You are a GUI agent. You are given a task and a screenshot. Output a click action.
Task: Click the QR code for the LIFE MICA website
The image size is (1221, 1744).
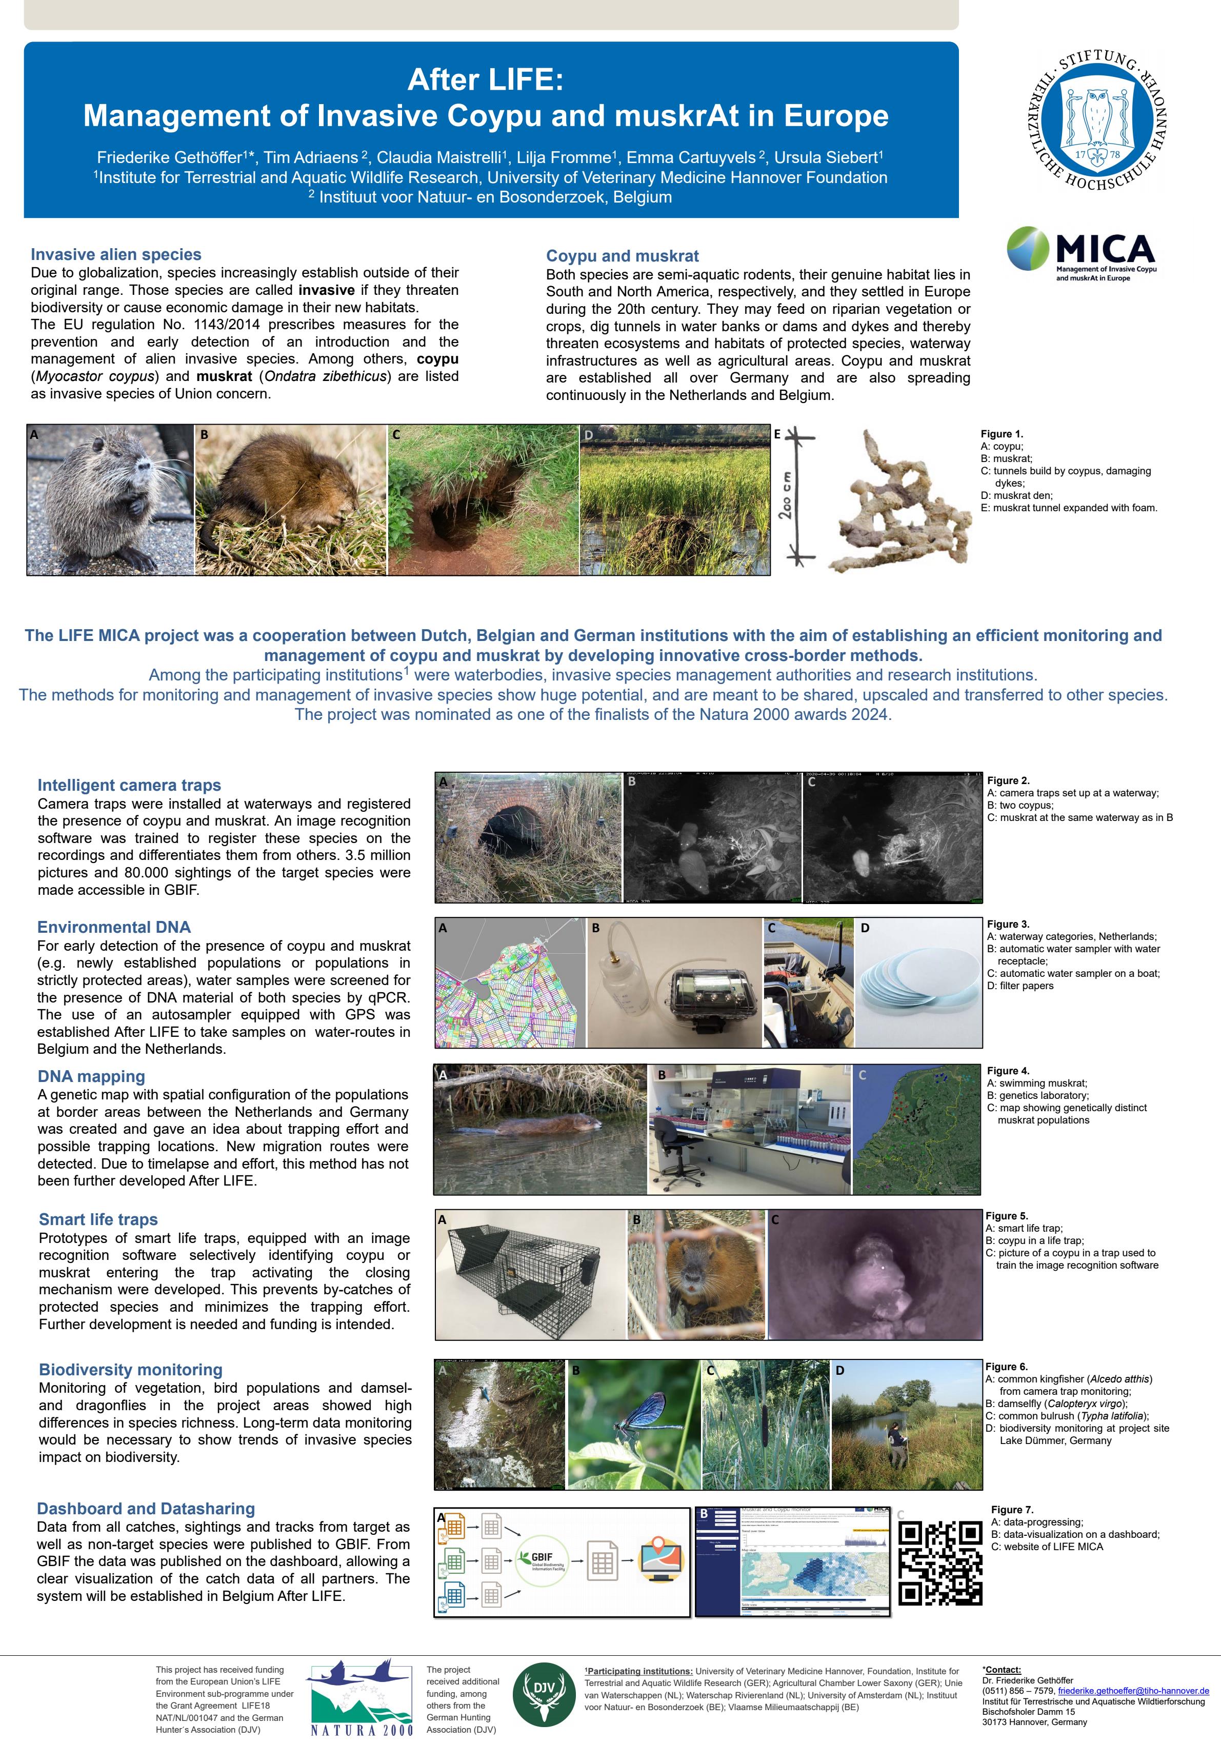(x=940, y=1562)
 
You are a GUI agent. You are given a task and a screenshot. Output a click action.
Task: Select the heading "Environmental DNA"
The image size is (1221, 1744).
(x=114, y=927)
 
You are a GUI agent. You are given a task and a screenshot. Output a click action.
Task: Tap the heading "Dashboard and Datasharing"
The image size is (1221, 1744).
(x=146, y=1509)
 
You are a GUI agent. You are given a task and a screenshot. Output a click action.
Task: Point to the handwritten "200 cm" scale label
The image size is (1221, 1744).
(x=787, y=496)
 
